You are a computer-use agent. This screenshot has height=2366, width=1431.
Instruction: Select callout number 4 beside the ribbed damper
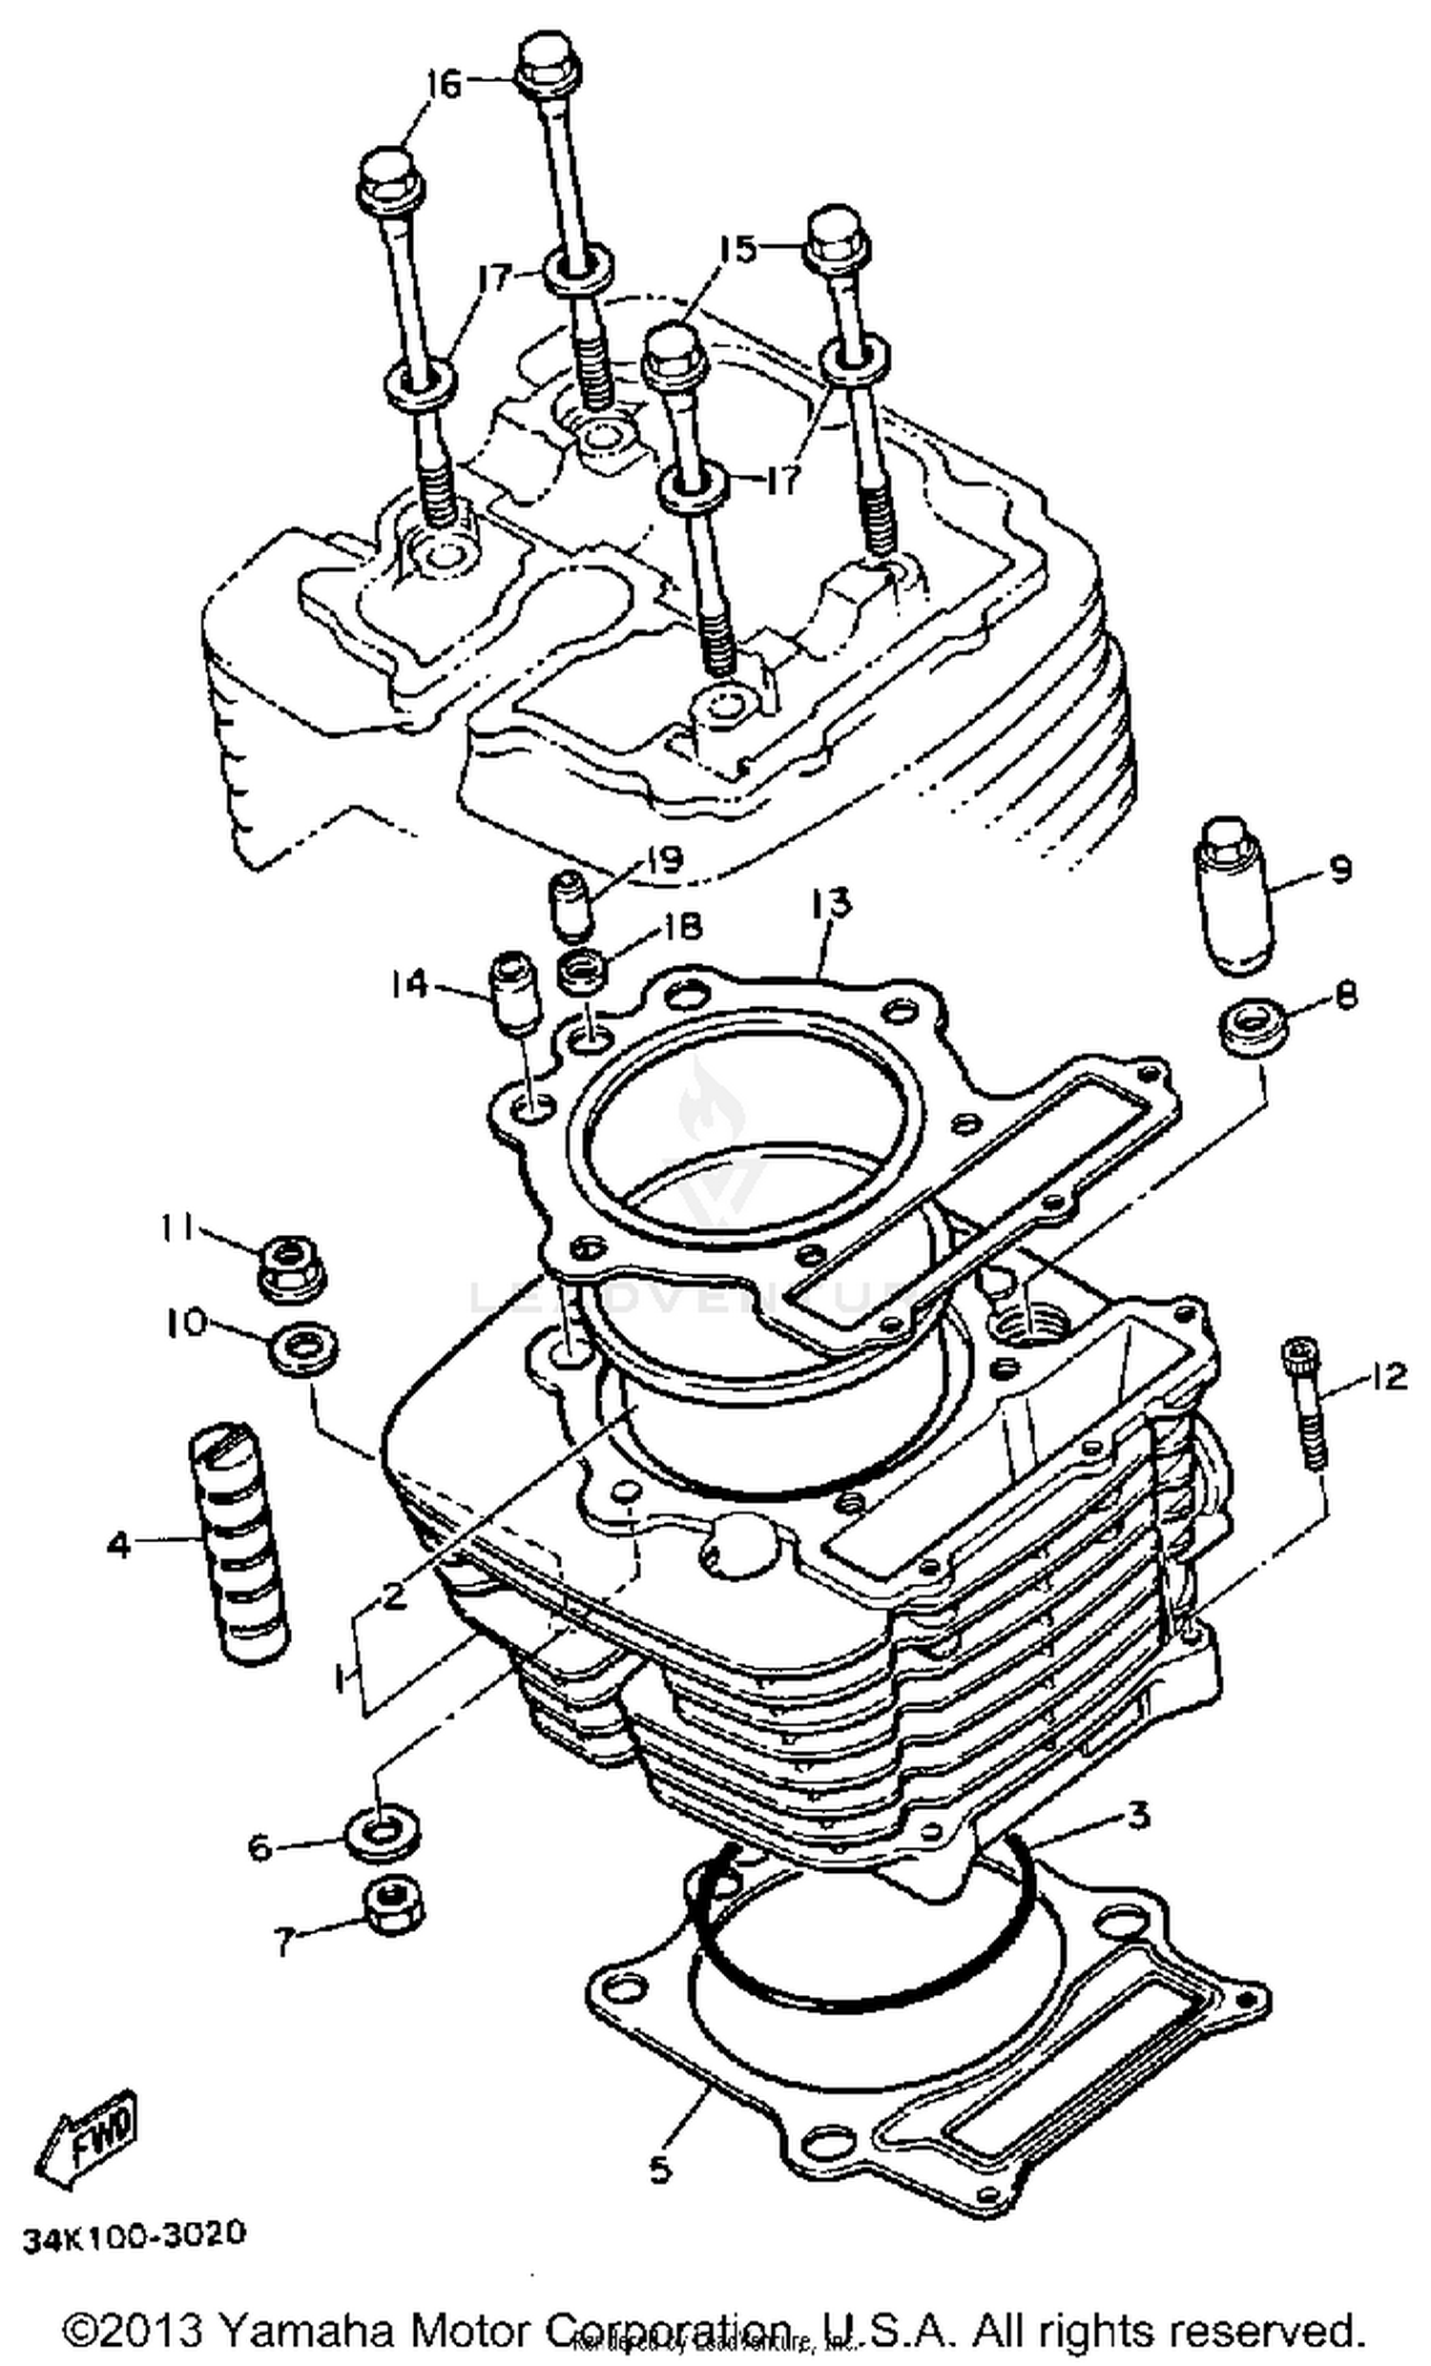click(117, 1545)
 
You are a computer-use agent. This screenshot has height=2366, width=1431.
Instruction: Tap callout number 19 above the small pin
click(662, 857)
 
